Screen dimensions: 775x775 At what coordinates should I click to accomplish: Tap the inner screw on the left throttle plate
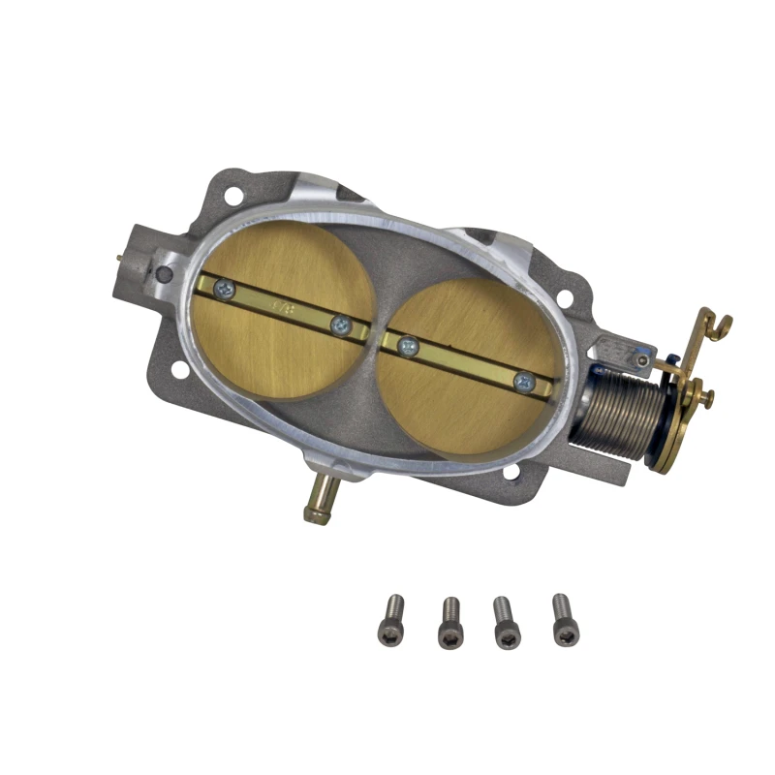(339, 326)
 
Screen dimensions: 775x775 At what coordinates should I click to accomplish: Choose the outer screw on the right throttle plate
(523, 382)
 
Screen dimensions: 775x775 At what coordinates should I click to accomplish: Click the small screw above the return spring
(640, 359)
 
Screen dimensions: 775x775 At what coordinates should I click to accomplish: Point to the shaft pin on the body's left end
(119, 259)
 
